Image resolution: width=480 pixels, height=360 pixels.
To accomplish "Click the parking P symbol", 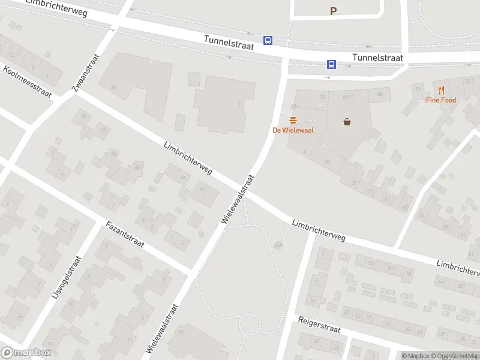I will tap(333, 11).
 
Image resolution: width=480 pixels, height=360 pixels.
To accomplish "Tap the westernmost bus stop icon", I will tap(268, 41).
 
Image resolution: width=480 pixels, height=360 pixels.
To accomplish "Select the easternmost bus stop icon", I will tap(331, 64).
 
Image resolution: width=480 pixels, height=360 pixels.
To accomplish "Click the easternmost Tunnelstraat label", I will tap(378, 58).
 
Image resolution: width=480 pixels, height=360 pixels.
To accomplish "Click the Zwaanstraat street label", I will tap(85, 73).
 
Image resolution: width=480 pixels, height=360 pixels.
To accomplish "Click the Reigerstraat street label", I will tap(328, 329).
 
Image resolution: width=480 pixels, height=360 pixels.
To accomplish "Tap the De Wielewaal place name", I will tap(293, 130).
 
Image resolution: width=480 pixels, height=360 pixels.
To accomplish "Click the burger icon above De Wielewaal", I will tap(293, 120).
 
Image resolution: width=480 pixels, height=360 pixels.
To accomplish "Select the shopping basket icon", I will tap(347, 122).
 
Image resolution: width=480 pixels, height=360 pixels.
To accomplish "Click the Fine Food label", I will tap(441, 100).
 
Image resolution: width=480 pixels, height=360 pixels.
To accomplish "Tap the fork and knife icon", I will tap(441, 90).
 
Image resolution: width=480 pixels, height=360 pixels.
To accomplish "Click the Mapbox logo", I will tap(26, 353).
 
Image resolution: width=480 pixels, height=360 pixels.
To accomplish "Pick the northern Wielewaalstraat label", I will tap(238, 200).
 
